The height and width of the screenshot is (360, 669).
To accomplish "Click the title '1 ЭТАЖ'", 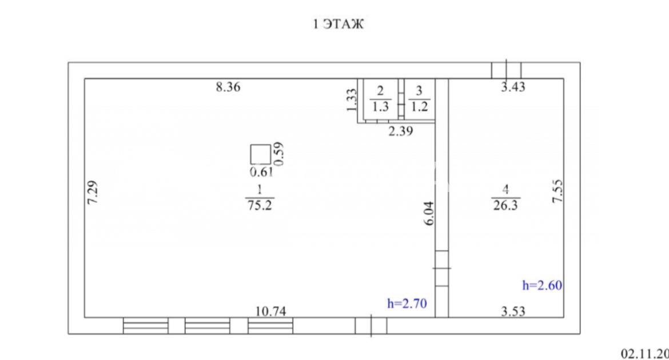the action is click(x=339, y=23).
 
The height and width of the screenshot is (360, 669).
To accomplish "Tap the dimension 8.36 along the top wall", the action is click(x=228, y=87).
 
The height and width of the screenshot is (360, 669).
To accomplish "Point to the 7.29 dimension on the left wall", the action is click(x=93, y=193).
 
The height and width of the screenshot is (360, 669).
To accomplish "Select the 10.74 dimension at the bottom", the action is click(x=270, y=311).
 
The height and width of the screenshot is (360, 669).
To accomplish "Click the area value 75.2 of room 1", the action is click(x=260, y=206).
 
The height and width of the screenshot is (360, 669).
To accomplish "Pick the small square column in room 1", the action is click(x=260, y=154).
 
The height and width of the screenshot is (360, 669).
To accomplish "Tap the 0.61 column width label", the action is click(x=261, y=172).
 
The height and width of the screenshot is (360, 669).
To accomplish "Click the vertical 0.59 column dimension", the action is click(x=279, y=154).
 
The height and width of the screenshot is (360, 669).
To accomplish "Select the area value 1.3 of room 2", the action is click(x=380, y=107).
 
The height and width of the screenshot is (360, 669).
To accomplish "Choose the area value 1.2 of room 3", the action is click(x=419, y=107).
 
